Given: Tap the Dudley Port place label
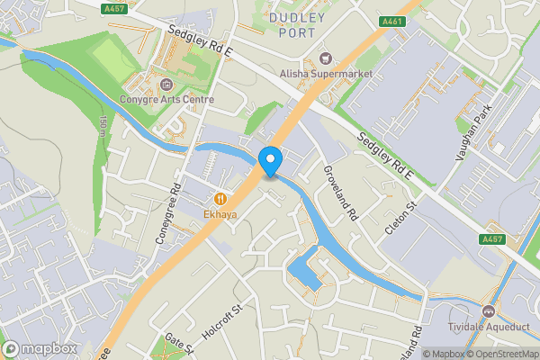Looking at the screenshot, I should pyautogui.click(x=292, y=24).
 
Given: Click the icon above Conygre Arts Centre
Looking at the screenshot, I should pyautogui.click(x=167, y=85).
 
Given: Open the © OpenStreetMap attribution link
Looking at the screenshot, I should pyautogui.click(x=500, y=354).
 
